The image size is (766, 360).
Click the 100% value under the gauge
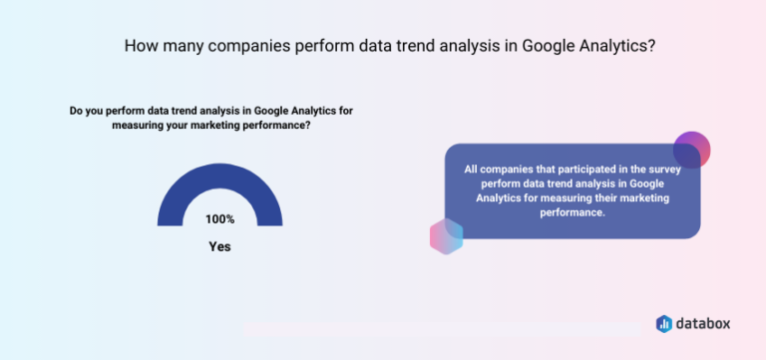coord(219,219)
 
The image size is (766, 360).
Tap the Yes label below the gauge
coord(219,245)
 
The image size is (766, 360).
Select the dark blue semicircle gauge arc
coord(219,180)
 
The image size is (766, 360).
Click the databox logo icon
coord(663,323)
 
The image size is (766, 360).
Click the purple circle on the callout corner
coord(691,150)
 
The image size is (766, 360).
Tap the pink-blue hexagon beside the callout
coord(447,235)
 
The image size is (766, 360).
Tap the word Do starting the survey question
coord(76,111)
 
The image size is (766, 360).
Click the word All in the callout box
coord(472,169)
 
